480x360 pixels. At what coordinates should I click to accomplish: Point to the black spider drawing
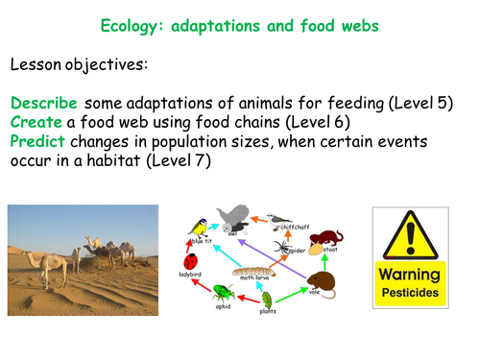[288, 249]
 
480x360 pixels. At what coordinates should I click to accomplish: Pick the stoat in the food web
[328, 237]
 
